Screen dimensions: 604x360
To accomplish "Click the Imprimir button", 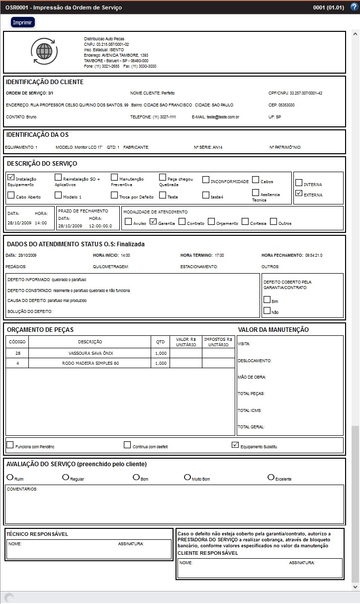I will pos(23,23).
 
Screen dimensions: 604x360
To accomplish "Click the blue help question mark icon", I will pos(354,7).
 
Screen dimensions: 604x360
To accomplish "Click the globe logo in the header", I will pos(45,51).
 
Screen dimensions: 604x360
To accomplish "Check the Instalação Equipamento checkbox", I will pos(11,177).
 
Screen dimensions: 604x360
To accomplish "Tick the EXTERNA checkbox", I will pos(299,193).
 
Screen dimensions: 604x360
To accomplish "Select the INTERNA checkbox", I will pos(299,182).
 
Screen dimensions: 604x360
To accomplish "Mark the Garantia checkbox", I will pos(153,222).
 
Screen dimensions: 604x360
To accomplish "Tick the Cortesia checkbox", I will pos(245,222).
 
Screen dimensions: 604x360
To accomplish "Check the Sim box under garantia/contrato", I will pos(267,300).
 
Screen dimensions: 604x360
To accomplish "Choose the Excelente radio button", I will pos(271,477).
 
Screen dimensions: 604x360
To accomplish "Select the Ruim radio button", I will pos(10,477).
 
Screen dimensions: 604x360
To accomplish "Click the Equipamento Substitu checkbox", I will pos(235,445).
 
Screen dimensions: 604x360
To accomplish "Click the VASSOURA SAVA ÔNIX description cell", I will pos(90,353).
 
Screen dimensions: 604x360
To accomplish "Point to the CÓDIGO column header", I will pos(17,342).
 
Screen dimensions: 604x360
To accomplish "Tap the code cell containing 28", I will pos(17,353).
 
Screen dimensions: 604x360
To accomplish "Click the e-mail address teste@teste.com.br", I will pos(223,117).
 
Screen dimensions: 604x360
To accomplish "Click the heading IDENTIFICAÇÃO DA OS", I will pos(37,135).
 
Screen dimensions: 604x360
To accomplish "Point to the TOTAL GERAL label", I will pos(251,427).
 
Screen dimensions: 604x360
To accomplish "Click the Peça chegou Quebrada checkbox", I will pos(163,177).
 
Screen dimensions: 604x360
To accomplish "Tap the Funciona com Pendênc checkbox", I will pos(10,445).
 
